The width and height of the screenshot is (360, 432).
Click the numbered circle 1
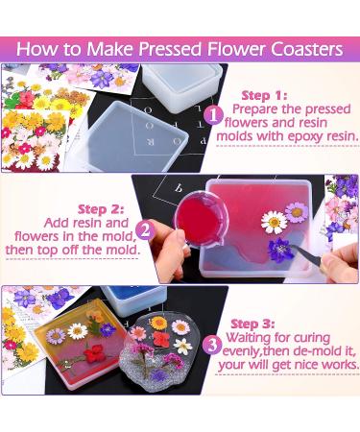point(213,115)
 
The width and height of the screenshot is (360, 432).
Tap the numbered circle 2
point(146,230)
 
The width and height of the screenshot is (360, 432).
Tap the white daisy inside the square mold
point(276,223)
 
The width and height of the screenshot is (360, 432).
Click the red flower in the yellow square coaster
point(97,352)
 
